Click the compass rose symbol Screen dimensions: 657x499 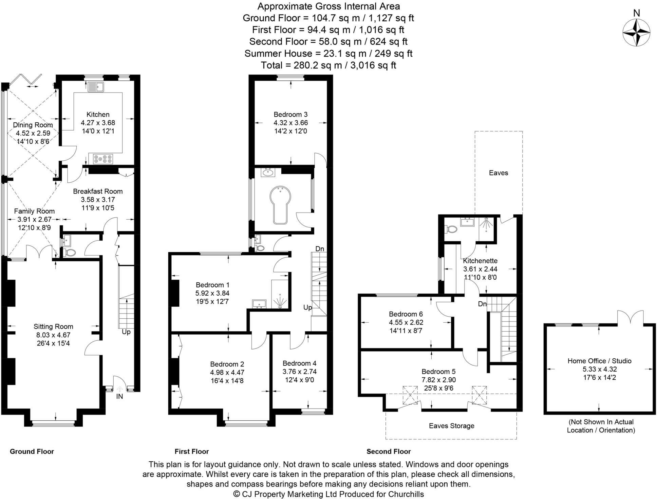636,33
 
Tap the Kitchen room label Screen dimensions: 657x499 98,115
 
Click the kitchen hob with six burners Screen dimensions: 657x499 103,159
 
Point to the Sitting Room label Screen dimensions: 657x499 53,326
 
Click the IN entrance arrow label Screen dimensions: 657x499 119,396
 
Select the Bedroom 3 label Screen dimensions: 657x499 290,115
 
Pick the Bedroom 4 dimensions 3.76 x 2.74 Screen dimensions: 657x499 300,372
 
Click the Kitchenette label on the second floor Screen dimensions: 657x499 480,261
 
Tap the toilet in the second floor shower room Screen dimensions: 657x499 451,229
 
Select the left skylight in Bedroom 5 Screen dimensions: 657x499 410,395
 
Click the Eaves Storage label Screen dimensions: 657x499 451,426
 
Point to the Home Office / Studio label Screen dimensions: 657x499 599,361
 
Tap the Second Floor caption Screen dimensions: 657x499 389,452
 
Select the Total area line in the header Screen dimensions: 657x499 328,65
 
